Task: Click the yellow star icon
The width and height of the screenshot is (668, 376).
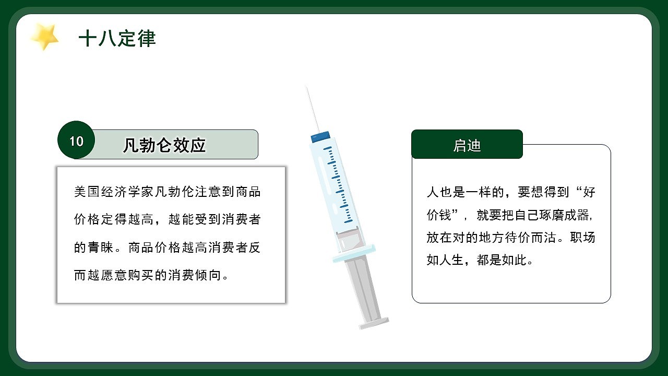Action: click(x=44, y=37)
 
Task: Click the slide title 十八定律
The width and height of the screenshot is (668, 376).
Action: click(x=117, y=39)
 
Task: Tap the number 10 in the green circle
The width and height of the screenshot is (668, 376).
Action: click(x=76, y=141)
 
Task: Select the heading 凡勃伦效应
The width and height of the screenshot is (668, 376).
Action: click(x=164, y=145)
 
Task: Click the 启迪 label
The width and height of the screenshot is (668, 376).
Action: click(x=467, y=146)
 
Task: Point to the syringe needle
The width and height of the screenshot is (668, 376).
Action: click(x=313, y=109)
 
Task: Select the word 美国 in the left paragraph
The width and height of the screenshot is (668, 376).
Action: click(x=86, y=192)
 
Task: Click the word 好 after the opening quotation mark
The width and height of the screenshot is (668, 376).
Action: click(x=589, y=192)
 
